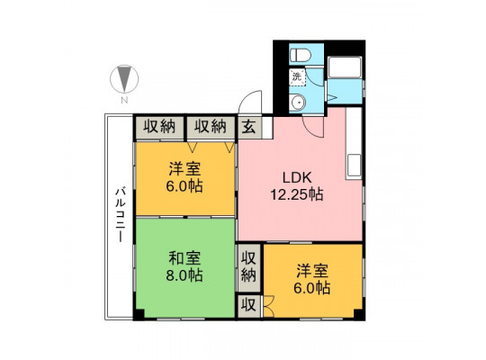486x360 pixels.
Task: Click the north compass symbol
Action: [x=124, y=79]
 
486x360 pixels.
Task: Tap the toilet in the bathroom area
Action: [x=301, y=56]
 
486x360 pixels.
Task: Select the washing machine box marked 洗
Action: [x=298, y=76]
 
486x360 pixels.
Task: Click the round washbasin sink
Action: [x=298, y=102]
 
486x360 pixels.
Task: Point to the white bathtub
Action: [x=345, y=67]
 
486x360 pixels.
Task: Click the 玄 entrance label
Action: [x=249, y=127]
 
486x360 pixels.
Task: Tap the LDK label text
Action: [x=297, y=177]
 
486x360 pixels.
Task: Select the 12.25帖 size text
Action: [x=297, y=194]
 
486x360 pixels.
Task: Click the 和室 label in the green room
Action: [x=184, y=258]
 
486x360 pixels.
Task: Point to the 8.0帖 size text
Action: [x=184, y=275]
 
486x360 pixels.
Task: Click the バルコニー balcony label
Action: [x=121, y=214]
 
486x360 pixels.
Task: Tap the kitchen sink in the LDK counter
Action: [x=354, y=166]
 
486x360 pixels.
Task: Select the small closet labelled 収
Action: [x=248, y=306]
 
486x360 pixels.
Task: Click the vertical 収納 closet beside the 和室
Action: [x=248, y=267]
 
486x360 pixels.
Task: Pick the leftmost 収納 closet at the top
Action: [x=159, y=127]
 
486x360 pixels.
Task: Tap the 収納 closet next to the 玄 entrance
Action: [x=211, y=127]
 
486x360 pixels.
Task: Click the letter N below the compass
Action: [x=124, y=101]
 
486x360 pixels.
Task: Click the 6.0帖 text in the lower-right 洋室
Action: [x=312, y=288]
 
